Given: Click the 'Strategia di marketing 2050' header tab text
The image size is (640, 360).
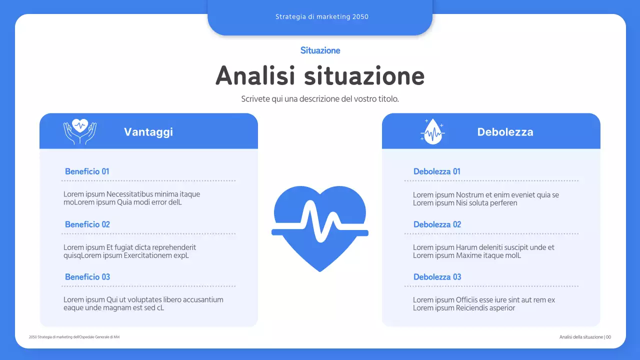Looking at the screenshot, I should [x=321, y=16].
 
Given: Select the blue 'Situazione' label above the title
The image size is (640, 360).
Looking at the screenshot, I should [x=320, y=50].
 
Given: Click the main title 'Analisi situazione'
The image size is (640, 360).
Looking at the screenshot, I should [x=320, y=76].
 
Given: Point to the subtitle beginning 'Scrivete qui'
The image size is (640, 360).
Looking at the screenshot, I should [x=320, y=99].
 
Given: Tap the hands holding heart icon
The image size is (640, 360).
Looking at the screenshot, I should [x=80, y=131].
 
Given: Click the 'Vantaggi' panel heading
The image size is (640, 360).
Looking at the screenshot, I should [x=148, y=132].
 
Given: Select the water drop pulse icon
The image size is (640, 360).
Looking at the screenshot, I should [x=432, y=131].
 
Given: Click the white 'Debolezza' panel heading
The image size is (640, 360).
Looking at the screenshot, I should [x=505, y=132].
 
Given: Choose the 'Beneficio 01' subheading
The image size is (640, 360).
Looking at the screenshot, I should [x=87, y=171].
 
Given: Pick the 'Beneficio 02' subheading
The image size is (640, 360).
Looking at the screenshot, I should [x=87, y=224].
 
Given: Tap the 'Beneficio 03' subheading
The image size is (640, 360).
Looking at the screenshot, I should [x=87, y=277].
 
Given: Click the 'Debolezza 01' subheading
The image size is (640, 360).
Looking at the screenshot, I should [x=437, y=171].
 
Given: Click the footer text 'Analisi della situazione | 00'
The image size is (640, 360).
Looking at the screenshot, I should [x=585, y=337].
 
